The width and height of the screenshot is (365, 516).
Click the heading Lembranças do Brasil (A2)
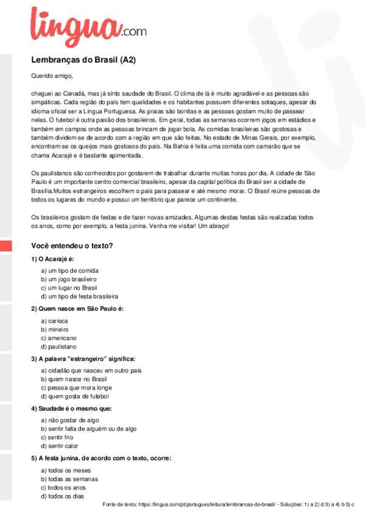pyautogui.click(x=83, y=60)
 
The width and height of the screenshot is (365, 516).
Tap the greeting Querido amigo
pyautogui.click(x=52, y=76)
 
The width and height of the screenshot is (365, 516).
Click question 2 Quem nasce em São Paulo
pyautogui.click(x=77, y=309)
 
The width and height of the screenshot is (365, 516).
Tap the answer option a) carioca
pyautogui.click(x=54, y=320)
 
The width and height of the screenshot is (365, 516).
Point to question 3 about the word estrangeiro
pyautogui.click(x=83, y=359)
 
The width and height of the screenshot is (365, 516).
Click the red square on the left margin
pyautogui.click(x=5, y=247)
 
